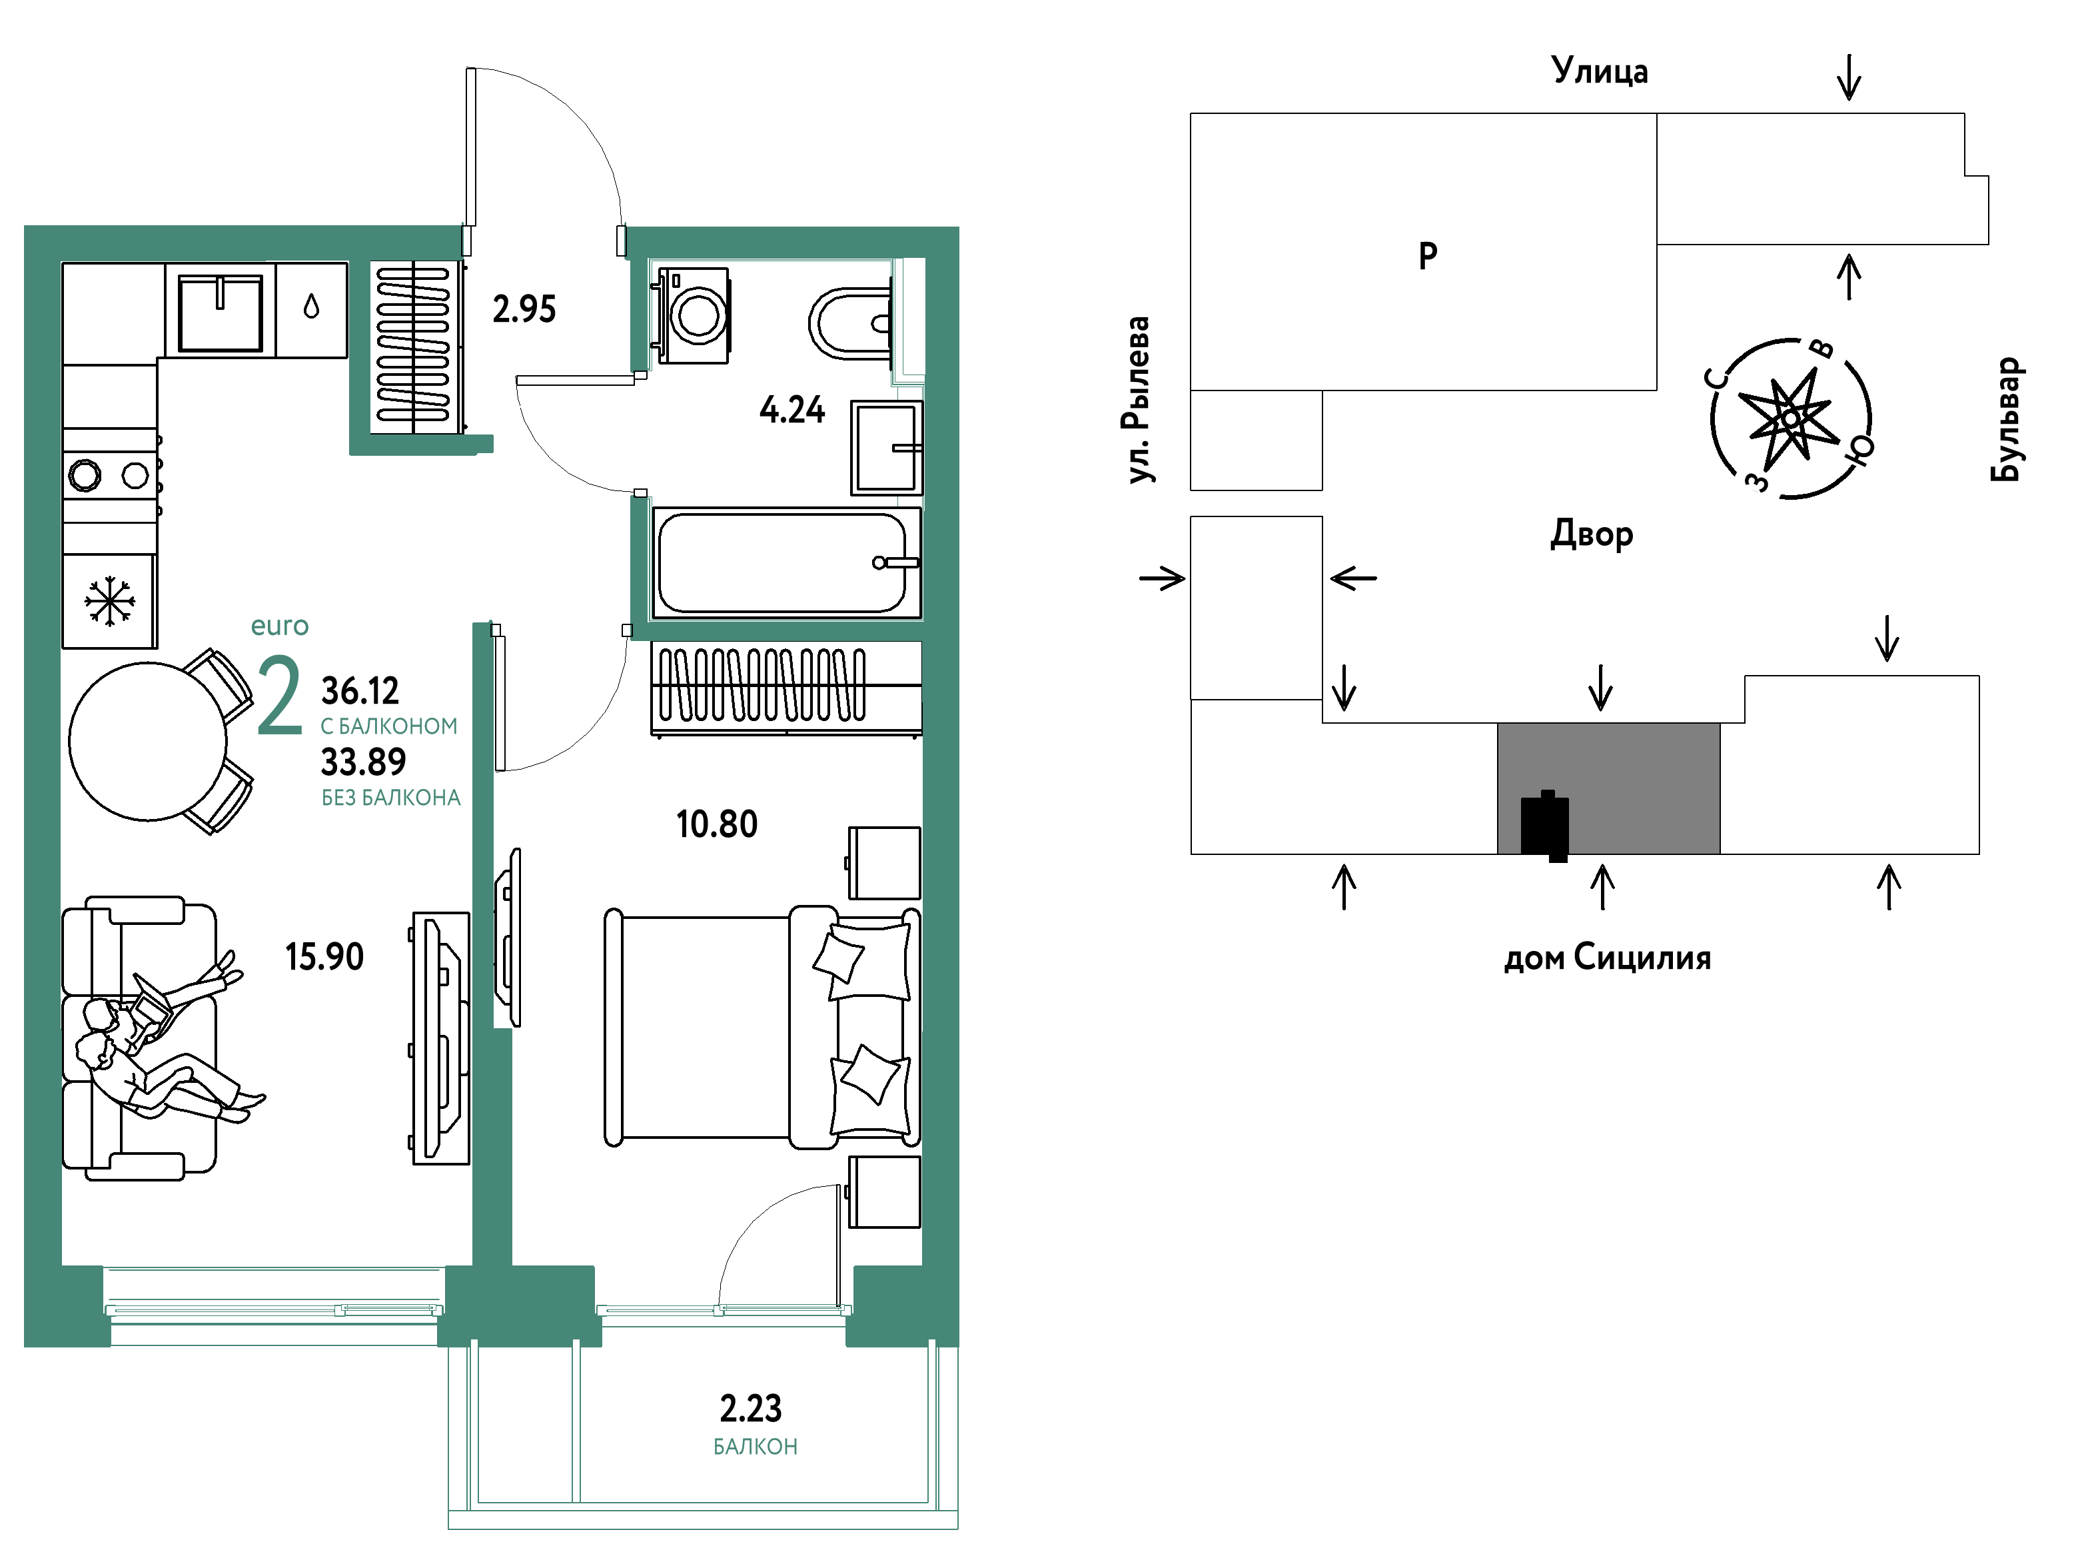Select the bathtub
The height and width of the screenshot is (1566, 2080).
tap(786, 562)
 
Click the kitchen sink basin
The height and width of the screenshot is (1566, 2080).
tap(220, 313)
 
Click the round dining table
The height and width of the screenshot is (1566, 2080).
tap(148, 741)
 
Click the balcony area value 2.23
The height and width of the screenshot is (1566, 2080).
tap(750, 1408)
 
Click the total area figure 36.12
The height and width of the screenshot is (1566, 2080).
tap(360, 690)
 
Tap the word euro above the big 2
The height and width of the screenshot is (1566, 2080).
tap(279, 626)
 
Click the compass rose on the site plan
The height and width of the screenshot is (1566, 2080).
tap(1790, 418)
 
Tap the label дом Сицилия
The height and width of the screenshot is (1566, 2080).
tap(1607, 958)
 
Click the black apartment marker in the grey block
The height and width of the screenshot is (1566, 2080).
tap(1545, 825)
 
